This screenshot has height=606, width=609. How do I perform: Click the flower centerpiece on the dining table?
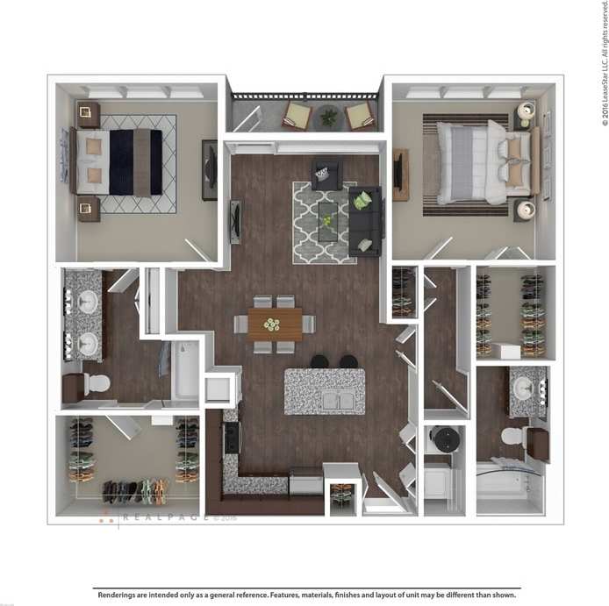click(273, 324)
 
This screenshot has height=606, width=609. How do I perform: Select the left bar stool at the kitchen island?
click(320, 361)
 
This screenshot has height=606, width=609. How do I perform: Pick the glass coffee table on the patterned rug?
click(327, 219)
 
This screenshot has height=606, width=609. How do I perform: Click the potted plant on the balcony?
click(328, 115)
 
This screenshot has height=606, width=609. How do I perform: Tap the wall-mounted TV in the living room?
click(234, 221)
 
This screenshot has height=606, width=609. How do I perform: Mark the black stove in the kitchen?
click(232, 438)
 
